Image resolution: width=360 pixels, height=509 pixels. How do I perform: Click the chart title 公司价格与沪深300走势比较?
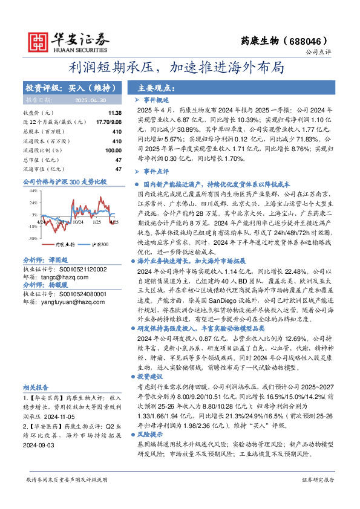[64, 181]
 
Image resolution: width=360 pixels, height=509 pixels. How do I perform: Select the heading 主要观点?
[151, 87]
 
